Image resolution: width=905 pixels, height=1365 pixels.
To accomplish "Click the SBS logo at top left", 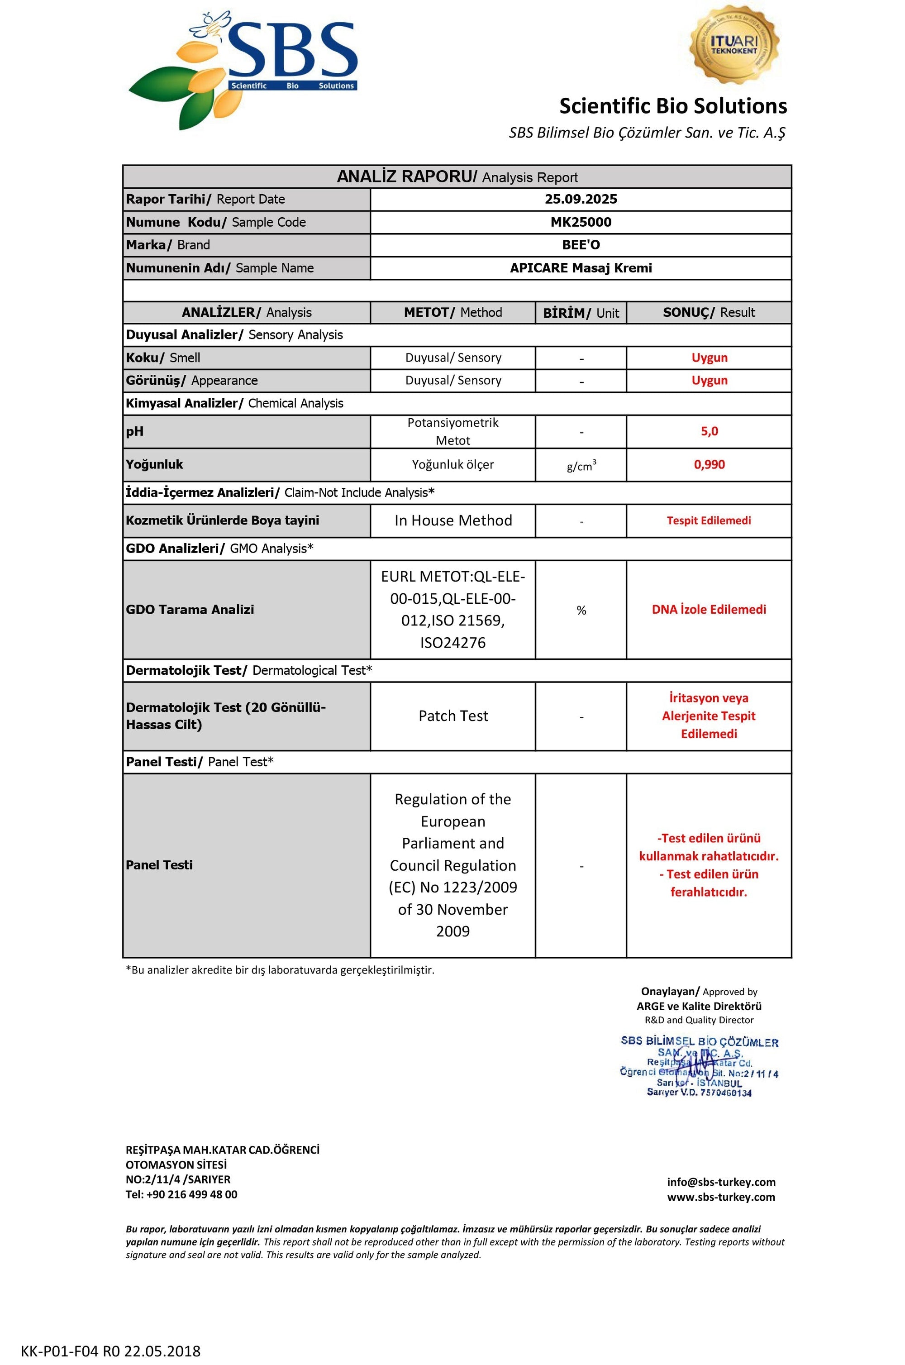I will (x=243, y=69).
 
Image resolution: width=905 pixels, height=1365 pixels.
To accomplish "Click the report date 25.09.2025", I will (x=581, y=199).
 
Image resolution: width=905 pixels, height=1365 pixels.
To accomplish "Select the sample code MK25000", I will (x=581, y=222).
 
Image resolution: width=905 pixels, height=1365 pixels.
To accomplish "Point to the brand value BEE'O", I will (x=581, y=245).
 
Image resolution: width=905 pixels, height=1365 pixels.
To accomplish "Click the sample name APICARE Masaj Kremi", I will (x=581, y=268).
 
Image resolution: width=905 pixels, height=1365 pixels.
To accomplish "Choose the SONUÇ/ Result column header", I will (x=709, y=312).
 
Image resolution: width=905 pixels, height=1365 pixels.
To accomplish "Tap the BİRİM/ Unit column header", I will (x=581, y=313).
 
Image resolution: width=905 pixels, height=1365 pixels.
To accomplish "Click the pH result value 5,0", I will (x=709, y=431).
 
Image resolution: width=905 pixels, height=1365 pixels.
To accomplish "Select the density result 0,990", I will (x=709, y=465).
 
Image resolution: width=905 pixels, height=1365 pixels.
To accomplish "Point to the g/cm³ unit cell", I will (x=581, y=466).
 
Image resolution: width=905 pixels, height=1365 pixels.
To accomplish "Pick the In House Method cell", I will (x=453, y=520).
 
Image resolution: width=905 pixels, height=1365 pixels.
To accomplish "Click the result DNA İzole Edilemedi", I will (x=709, y=610).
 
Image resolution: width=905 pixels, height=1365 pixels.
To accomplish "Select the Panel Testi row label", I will (x=159, y=864).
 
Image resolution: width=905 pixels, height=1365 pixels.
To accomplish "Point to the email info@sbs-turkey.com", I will (x=721, y=1181).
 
